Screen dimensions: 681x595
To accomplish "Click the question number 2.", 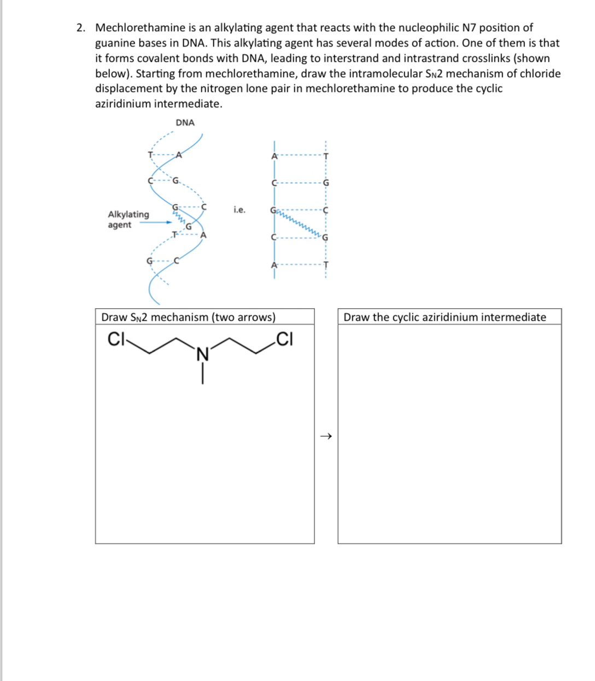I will [x=80, y=28].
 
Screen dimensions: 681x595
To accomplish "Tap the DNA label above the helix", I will [x=185, y=123].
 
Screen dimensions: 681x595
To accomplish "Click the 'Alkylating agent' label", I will [x=128, y=220].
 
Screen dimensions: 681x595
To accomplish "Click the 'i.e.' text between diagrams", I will [x=239, y=210].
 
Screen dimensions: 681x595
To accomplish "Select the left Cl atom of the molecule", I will [x=116, y=340].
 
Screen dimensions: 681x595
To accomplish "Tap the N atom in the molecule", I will [x=202, y=355].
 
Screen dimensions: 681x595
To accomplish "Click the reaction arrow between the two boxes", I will [x=326, y=436].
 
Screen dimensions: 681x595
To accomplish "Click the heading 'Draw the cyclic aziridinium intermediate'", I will [x=445, y=317].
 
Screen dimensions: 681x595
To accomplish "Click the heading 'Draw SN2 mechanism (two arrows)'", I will [x=189, y=317].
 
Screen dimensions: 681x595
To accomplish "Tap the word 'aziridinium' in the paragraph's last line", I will [x=124, y=103].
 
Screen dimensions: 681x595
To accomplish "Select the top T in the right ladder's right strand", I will [x=326, y=156].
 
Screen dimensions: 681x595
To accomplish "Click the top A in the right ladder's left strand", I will [x=275, y=156].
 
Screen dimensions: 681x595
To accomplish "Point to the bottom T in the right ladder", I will [x=326, y=265].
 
